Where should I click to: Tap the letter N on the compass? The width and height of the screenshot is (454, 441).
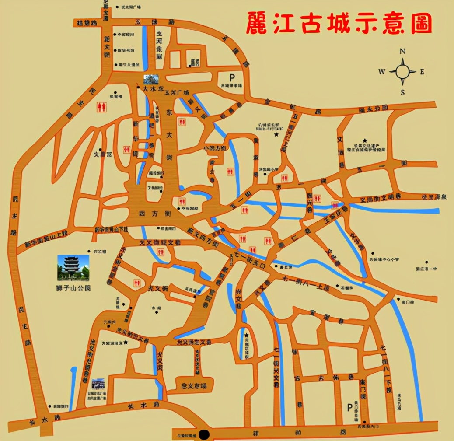click(x=403, y=51)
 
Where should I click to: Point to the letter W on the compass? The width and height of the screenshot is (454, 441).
click(x=382, y=72)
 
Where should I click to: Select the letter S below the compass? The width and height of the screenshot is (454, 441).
click(x=403, y=92)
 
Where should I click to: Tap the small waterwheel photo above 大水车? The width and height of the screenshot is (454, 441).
click(x=151, y=80)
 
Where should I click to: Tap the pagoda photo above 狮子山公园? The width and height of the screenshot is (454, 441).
click(x=73, y=268)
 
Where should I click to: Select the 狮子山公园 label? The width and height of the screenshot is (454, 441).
click(x=73, y=289)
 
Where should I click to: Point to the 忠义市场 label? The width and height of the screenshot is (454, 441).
click(x=193, y=386)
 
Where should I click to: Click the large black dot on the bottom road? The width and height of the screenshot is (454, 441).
click(x=203, y=435)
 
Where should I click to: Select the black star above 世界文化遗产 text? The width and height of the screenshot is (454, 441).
click(x=365, y=140)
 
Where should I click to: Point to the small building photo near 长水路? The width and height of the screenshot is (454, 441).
click(x=98, y=384)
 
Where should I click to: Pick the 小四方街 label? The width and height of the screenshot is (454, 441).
click(x=215, y=149)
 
